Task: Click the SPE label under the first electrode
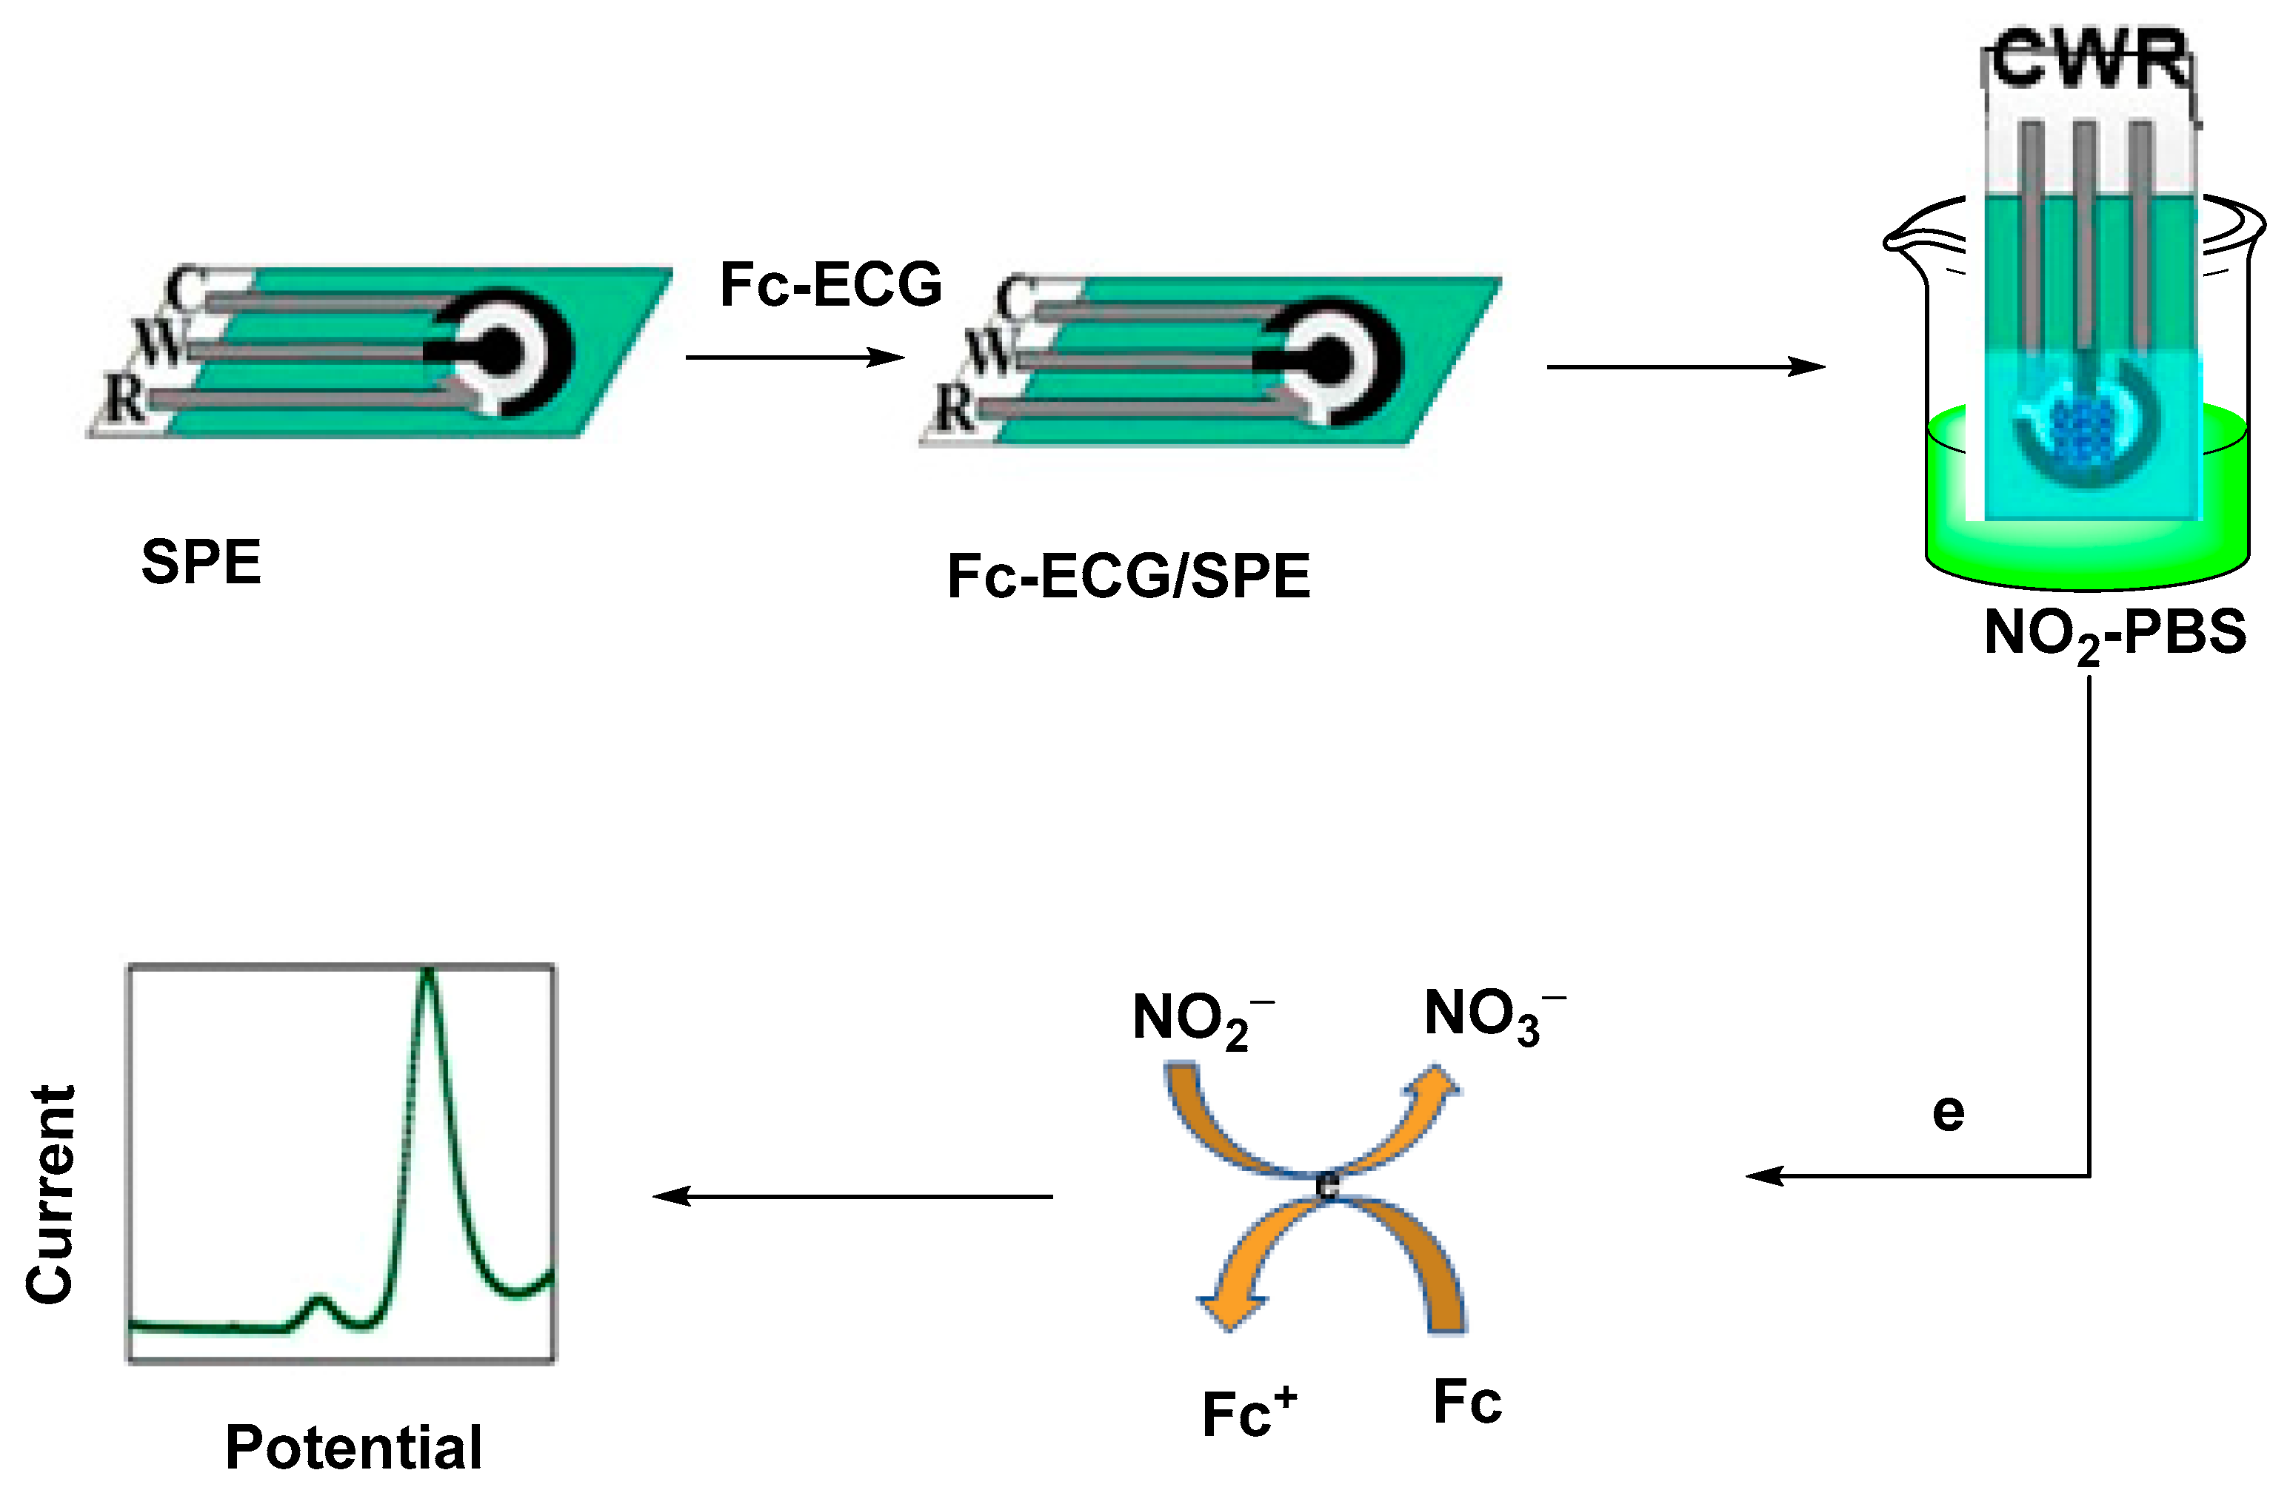tap(201, 562)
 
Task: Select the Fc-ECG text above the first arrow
tap(830, 285)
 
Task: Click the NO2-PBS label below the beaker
tap(2114, 634)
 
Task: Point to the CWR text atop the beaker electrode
tap(2088, 60)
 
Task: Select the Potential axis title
tap(353, 1447)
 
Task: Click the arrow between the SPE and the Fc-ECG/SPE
tap(795, 358)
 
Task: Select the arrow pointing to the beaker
tap(1685, 366)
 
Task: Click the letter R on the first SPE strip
tap(125, 398)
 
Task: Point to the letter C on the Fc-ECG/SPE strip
tap(1016, 298)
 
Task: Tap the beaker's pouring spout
tap(1905, 241)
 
